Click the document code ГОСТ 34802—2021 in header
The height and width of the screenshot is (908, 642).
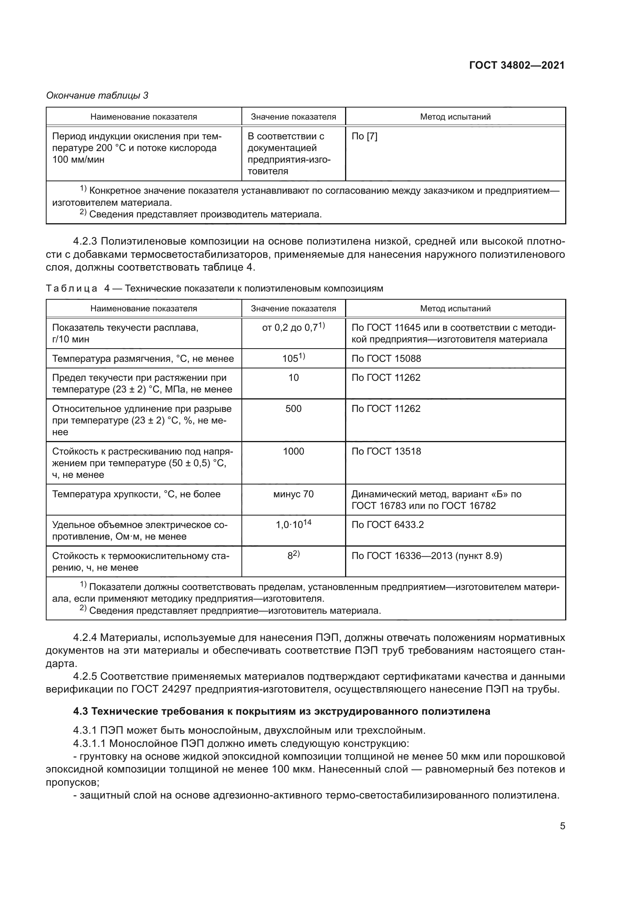517,66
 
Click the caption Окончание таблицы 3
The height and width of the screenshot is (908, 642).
97,95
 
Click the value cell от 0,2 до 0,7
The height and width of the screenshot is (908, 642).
293,328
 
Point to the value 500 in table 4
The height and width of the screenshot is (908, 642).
293,408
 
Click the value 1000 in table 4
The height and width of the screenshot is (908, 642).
293,451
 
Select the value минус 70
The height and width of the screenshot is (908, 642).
293,494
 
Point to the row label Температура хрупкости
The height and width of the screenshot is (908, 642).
136,494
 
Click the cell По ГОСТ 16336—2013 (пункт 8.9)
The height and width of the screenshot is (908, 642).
427,556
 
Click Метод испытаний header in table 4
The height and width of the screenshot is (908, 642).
455,309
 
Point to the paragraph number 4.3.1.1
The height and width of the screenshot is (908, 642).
90,743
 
